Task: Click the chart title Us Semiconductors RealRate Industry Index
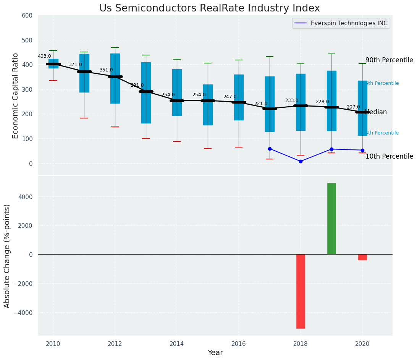tap(209, 8)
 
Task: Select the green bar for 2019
tap(331, 219)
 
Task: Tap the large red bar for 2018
tap(301, 291)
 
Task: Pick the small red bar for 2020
tap(362, 257)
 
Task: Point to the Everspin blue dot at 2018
tap(301, 161)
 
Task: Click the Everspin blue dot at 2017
tap(270, 149)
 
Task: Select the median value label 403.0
tap(44, 57)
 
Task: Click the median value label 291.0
tap(137, 86)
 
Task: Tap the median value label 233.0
tap(292, 101)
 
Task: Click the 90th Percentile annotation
tap(389, 60)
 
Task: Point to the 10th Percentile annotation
tap(389, 157)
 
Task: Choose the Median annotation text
tap(376, 112)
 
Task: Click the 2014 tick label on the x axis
tap(177, 344)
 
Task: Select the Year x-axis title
tap(215, 353)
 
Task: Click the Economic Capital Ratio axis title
tap(16, 96)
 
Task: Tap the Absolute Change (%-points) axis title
tap(7, 256)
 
